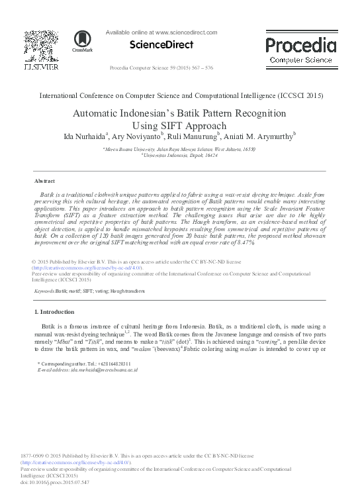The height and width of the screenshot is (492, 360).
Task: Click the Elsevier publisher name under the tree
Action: click(41, 67)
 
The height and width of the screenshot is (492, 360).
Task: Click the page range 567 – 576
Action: click(224, 68)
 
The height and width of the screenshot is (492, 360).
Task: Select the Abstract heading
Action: click(44, 180)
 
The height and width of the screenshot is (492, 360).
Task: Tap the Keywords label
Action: click(44, 291)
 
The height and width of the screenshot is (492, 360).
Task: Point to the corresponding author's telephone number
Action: click(98, 364)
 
